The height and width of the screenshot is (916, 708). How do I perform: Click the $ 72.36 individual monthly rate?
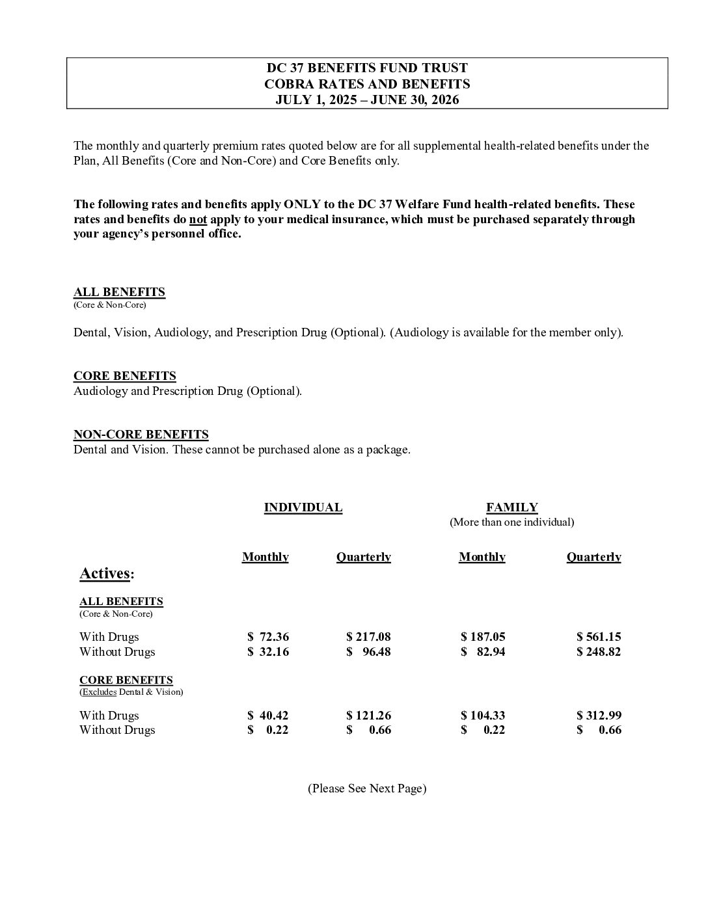(267, 637)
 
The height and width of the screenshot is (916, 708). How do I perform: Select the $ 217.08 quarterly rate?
(368, 637)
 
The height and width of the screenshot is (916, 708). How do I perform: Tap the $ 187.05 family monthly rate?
(483, 637)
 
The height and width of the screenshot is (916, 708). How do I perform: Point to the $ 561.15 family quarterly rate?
(599, 637)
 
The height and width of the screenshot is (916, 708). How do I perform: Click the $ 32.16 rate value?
(267, 652)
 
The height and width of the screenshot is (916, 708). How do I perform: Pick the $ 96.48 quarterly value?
(368, 652)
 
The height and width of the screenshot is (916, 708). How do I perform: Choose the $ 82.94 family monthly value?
(483, 652)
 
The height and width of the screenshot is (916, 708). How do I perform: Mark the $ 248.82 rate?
(599, 652)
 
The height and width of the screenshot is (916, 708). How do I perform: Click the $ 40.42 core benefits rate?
(267, 716)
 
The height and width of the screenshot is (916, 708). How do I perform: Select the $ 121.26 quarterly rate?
(368, 716)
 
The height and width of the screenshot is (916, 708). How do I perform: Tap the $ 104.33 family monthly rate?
(483, 716)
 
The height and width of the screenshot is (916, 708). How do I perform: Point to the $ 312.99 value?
(599, 716)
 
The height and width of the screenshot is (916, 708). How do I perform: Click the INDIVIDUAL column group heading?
(303, 507)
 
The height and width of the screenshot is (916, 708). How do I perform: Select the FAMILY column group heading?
(511, 507)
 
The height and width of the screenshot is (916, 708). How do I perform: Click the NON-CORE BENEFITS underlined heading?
(141, 435)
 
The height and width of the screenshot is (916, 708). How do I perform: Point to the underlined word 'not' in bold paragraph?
(198, 219)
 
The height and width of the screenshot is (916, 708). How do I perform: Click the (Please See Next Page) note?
(367, 788)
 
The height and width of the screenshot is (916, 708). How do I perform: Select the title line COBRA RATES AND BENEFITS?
(367, 84)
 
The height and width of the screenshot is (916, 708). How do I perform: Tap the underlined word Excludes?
(98, 692)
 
